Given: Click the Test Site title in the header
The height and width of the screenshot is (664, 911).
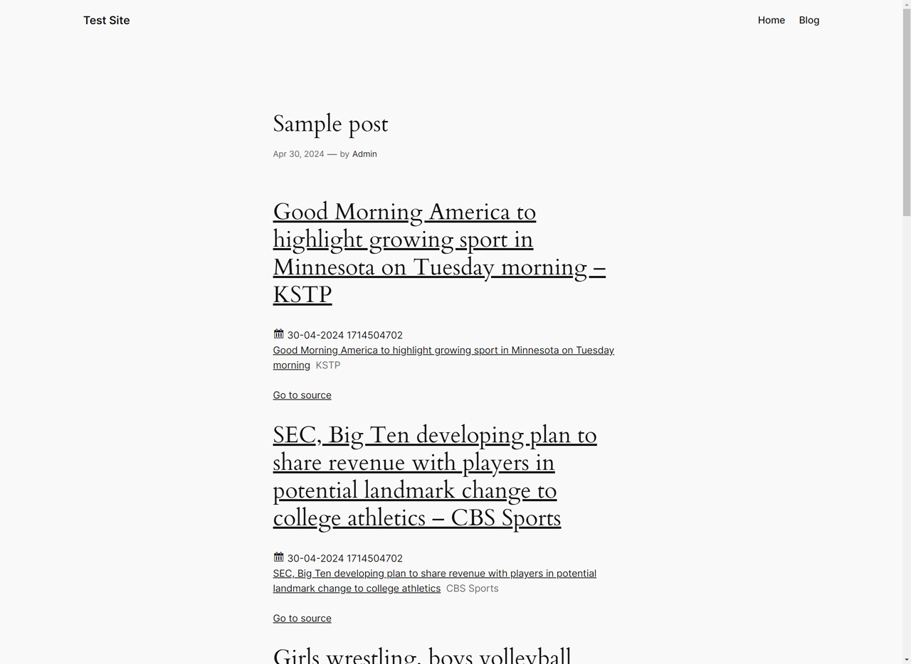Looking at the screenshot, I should [106, 20].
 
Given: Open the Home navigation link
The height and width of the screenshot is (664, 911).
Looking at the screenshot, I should [771, 20].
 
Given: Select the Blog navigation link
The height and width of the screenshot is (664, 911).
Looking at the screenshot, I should [809, 20].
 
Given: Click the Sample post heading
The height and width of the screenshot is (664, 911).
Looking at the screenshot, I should [330, 124].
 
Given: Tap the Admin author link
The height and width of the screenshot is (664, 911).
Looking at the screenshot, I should [364, 154].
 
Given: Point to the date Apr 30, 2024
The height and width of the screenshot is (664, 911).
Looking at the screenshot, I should [298, 154].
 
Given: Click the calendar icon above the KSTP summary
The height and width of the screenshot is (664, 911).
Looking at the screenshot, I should [278, 333].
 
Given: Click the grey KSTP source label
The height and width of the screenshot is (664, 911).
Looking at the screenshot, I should [327, 365].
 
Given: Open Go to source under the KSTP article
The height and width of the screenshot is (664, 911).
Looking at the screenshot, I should [302, 395].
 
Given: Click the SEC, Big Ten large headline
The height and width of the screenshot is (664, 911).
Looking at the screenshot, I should [434, 476].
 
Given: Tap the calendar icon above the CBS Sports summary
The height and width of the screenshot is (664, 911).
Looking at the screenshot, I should [278, 557].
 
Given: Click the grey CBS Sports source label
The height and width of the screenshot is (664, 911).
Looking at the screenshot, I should [472, 588].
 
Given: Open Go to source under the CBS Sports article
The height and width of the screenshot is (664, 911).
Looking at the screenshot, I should [302, 618].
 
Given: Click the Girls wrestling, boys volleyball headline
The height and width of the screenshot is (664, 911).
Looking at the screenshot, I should [421, 655].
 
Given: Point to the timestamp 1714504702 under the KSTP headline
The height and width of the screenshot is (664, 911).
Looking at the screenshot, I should [374, 335].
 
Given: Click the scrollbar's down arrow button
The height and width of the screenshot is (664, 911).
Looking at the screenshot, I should [906, 659].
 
